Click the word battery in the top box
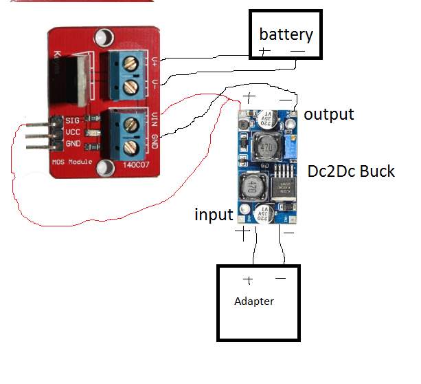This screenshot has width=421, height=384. [x=286, y=34]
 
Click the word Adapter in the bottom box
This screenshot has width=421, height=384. [x=254, y=301]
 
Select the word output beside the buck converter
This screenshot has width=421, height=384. [x=329, y=114]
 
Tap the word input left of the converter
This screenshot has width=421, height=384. [x=214, y=215]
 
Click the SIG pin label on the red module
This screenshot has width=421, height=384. [x=73, y=121]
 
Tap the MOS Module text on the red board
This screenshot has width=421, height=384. [x=71, y=162]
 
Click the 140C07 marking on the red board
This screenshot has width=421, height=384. [x=137, y=166]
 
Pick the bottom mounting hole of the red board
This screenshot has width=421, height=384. [x=104, y=167]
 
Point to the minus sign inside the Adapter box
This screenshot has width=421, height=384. [x=280, y=279]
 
